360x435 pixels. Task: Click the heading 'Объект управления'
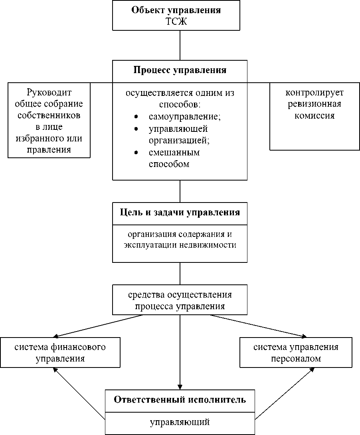pyautogui.click(x=176, y=10)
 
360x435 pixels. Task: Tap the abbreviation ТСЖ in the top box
pyautogui.click(x=176, y=21)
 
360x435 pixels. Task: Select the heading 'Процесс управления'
pyautogui.click(x=180, y=70)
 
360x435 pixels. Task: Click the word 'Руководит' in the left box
pyautogui.click(x=49, y=93)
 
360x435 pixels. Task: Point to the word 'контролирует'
pyautogui.click(x=315, y=93)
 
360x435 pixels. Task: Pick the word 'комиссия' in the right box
pyautogui.click(x=315, y=116)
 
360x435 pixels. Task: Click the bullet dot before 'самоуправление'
pyautogui.click(x=136, y=118)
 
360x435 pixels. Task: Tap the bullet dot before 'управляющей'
pyautogui.click(x=136, y=129)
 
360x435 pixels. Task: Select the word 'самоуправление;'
pyautogui.click(x=185, y=117)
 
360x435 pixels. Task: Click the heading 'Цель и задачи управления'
pyautogui.click(x=180, y=212)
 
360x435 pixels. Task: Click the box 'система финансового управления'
pyautogui.click(x=60, y=352)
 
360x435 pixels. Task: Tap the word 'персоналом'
pyautogui.click(x=296, y=358)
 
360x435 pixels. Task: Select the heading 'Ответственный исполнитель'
pyautogui.click(x=180, y=399)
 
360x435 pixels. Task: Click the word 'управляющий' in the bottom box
pyautogui.click(x=180, y=422)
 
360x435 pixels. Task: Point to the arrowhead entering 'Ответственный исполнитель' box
pyautogui.click(x=180, y=386)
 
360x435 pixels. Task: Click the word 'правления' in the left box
pyautogui.click(x=49, y=150)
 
